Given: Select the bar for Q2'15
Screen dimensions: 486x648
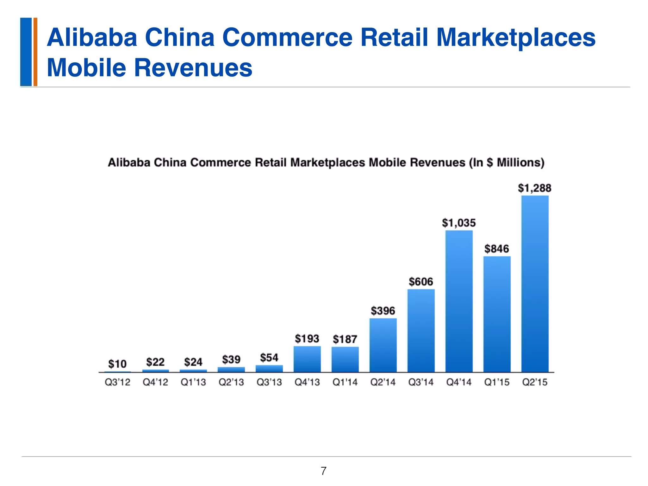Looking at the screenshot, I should point(535,284).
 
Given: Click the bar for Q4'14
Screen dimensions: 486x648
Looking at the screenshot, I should point(459,301).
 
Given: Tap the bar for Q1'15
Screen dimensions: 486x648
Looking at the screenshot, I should point(497,314).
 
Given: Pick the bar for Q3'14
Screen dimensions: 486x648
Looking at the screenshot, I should point(421,331).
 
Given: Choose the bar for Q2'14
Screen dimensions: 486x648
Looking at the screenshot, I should point(383,345).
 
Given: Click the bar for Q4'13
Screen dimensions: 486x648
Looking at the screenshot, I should point(307,359).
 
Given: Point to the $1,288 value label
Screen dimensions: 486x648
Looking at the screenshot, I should point(534,188).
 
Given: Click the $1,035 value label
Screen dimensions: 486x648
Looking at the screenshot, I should point(459,223).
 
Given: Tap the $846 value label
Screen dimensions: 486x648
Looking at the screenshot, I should point(497,249).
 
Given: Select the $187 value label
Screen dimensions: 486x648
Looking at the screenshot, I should point(345,340).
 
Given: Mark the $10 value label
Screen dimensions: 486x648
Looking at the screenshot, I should point(117,364).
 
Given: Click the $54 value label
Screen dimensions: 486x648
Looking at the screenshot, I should point(269,358).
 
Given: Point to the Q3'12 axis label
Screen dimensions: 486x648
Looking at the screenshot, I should point(117,382).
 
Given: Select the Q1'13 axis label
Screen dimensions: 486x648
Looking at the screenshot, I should point(193,382).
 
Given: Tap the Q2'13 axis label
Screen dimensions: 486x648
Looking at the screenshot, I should point(231,382).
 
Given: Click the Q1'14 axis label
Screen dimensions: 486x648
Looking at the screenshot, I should point(345,382).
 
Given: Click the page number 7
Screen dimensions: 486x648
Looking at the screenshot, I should point(323,471).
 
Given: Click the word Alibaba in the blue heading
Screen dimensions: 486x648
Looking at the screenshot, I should point(92,37).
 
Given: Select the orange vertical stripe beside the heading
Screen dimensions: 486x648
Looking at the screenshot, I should point(35,52).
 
